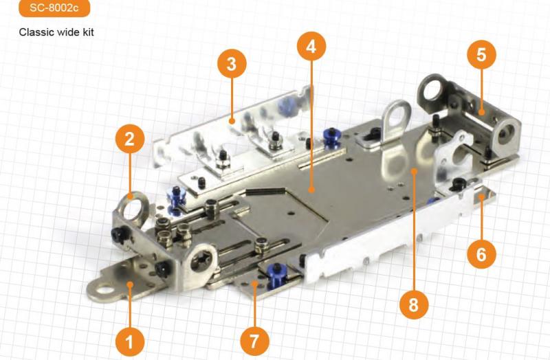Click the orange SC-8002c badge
point(54,8)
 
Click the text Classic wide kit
point(56,32)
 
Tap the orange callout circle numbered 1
point(130,341)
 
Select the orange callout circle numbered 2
point(130,139)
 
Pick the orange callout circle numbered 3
point(232,64)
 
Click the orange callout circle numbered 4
point(311,46)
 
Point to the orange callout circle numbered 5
point(482,54)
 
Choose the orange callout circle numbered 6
point(482,254)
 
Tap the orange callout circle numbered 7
point(254,341)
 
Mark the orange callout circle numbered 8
point(414,304)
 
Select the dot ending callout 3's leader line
point(232,122)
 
